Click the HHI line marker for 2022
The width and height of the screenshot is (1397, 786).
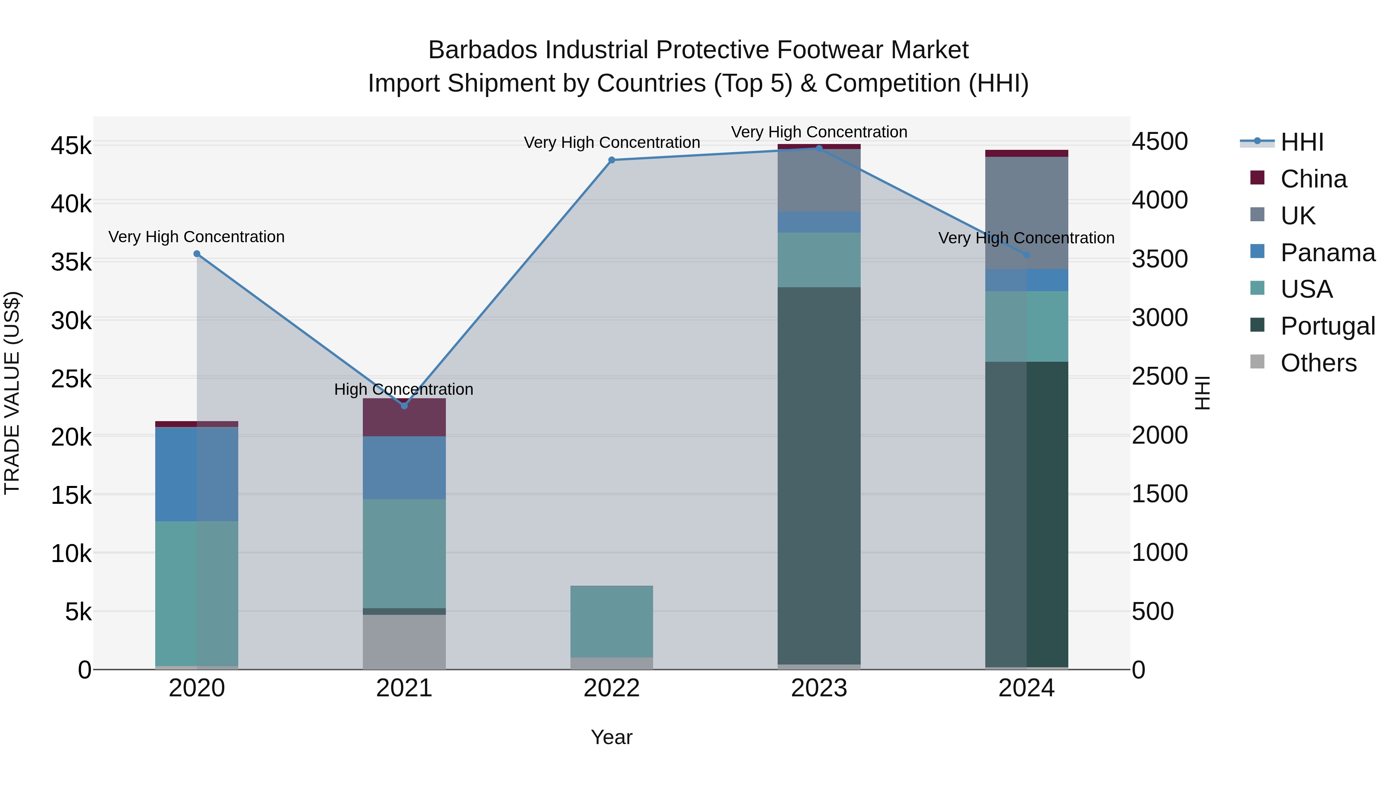[x=612, y=160]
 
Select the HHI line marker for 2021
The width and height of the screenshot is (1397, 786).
[x=404, y=406]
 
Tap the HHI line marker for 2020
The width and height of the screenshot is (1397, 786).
[x=197, y=254]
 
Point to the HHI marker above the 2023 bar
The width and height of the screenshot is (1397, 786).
[x=819, y=148]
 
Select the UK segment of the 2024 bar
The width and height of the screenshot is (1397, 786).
[x=1026, y=213]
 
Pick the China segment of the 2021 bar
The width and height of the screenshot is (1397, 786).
[x=404, y=418]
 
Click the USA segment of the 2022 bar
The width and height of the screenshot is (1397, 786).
[x=612, y=622]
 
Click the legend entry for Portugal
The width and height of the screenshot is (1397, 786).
[x=1327, y=326]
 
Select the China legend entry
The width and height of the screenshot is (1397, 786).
[x=1313, y=179]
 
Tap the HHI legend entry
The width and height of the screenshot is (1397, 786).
[x=1302, y=142]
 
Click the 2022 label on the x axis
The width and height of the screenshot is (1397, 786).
[x=612, y=688]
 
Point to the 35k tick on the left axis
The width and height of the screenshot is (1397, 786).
[x=71, y=262]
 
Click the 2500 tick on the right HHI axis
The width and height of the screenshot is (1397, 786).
[x=1160, y=377]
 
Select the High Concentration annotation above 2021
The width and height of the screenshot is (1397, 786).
[x=404, y=389]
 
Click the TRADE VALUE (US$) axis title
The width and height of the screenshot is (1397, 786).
[x=12, y=393]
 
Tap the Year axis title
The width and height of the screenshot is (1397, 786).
[x=611, y=737]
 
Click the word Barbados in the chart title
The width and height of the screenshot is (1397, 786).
[x=483, y=50]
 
